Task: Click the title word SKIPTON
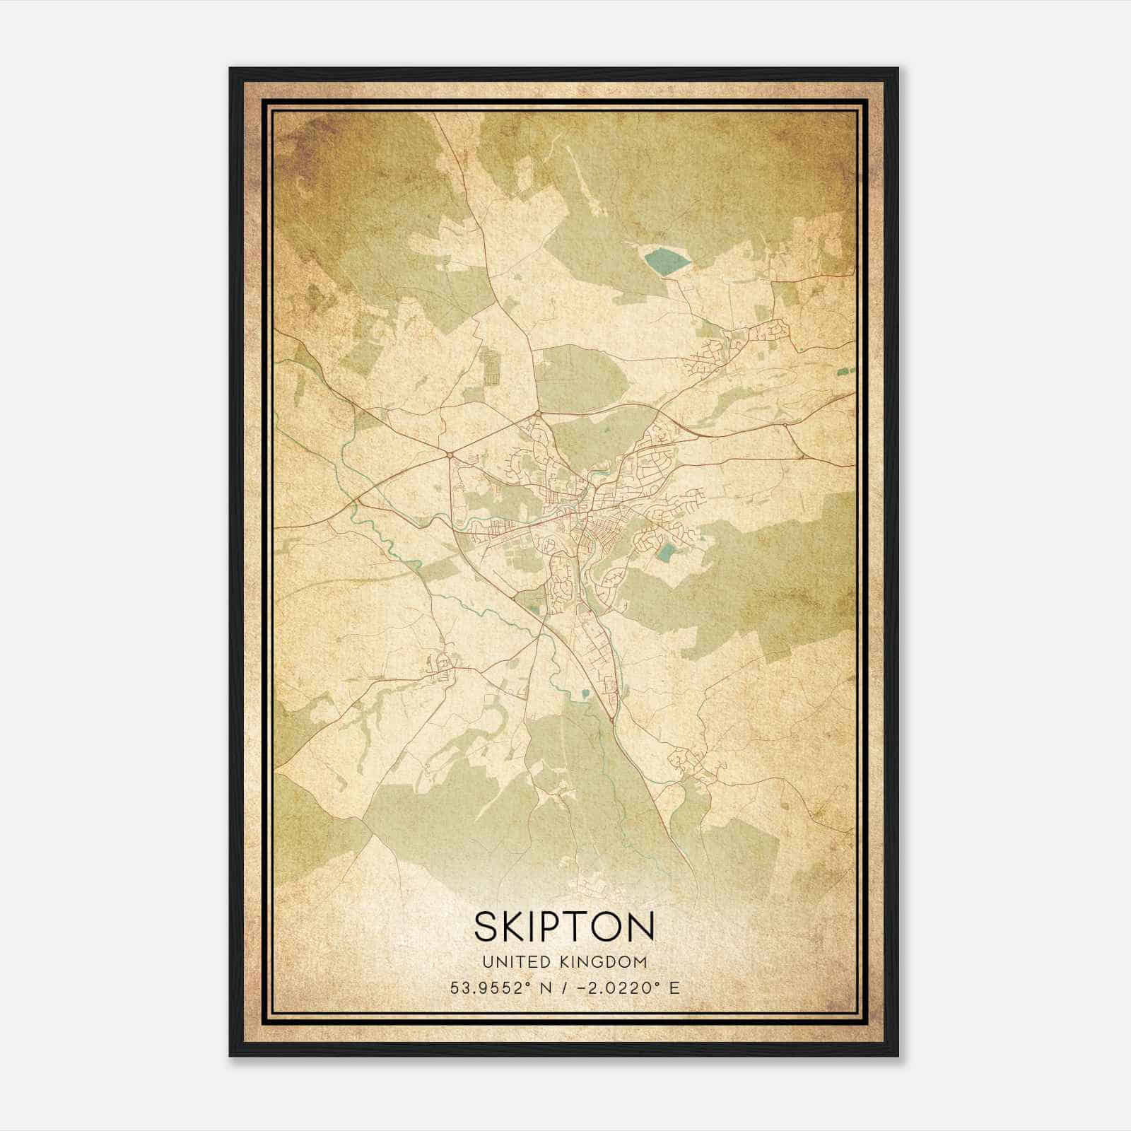pyautogui.click(x=564, y=927)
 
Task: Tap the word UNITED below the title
pyautogui.click(x=508, y=962)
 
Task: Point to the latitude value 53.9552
pyautogui.click(x=484, y=988)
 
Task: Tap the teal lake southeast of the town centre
pyautogui.click(x=665, y=552)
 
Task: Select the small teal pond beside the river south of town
pyautogui.click(x=585, y=695)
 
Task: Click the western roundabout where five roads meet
pyautogui.click(x=450, y=455)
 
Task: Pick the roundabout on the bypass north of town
pyautogui.click(x=538, y=413)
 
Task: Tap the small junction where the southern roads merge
pyautogui.click(x=611, y=720)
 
